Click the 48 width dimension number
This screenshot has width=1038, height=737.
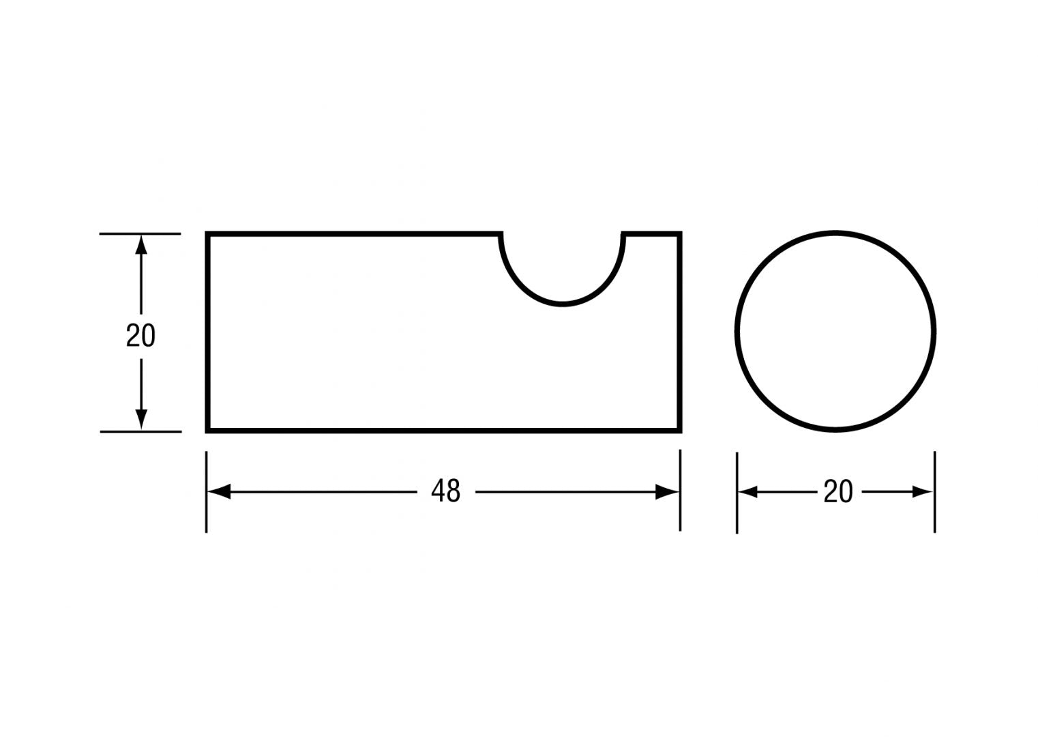point(446,491)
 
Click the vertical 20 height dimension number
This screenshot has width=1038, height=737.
point(140,335)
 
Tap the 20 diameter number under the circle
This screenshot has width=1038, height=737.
point(837,492)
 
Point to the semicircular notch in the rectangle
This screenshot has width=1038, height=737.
point(563,273)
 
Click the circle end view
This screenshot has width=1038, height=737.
point(835,332)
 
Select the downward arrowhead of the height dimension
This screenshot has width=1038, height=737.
point(141,419)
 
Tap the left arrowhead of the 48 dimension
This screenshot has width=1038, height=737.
point(219,491)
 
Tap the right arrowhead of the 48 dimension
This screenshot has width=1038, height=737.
point(667,491)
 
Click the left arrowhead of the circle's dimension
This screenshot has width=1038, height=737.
point(748,492)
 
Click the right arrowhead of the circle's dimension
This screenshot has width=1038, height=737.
point(923,492)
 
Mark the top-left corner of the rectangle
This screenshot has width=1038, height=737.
point(208,234)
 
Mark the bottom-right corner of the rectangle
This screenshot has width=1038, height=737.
point(680,431)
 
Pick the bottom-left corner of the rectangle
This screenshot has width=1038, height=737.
point(208,431)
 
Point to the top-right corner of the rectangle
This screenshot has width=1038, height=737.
point(680,234)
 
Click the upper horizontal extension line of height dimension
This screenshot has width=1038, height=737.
point(140,234)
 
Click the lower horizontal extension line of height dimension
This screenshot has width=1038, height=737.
point(140,431)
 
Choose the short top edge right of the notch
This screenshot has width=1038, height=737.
point(652,234)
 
